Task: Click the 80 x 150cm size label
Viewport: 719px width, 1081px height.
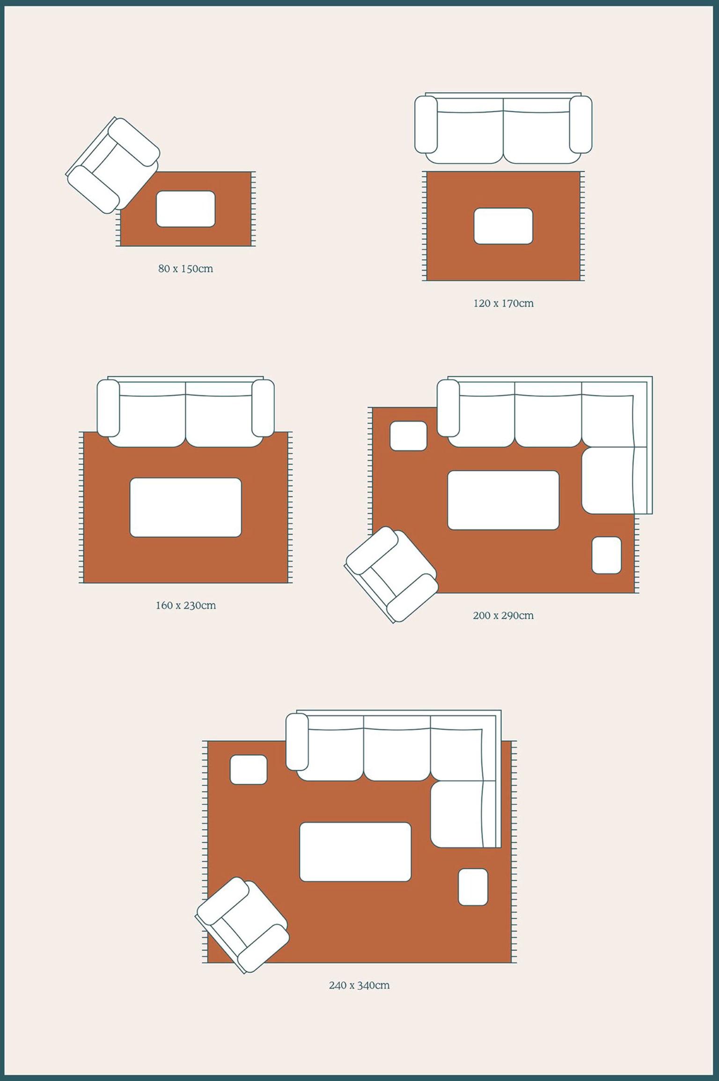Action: pyautogui.click(x=185, y=269)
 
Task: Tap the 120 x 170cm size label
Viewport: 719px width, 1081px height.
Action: pyautogui.click(x=503, y=303)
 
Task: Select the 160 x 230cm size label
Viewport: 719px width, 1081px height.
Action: pyautogui.click(x=186, y=605)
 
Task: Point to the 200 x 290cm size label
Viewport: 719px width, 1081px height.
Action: pyautogui.click(x=503, y=615)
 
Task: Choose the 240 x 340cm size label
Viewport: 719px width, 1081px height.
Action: pyautogui.click(x=359, y=985)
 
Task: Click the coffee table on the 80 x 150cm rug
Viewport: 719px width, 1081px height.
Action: pyautogui.click(x=186, y=209)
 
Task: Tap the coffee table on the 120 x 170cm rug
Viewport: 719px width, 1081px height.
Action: pyautogui.click(x=503, y=226)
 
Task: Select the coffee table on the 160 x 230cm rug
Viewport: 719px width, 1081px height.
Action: pyautogui.click(x=186, y=507)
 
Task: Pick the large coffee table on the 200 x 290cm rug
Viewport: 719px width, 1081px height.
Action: pyautogui.click(x=503, y=500)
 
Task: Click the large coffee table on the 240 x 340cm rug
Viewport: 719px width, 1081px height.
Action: pyautogui.click(x=355, y=852)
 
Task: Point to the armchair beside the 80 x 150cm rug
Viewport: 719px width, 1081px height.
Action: pyautogui.click(x=113, y=165)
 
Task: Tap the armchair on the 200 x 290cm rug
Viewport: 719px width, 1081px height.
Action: pyautogui.click(x=392, y=575)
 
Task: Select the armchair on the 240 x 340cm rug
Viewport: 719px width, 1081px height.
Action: pyautogui.click(x=242, y=925)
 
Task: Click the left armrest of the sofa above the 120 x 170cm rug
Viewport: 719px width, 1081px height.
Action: pyautogui.click(x=426, y=124)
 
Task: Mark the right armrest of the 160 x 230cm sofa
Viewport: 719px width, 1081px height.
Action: pyautogui.click(x=263, y=408)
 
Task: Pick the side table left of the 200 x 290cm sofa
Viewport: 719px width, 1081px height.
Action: pyautogui.click(x=409, y=436)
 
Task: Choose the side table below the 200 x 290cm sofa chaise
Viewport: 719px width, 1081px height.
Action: pyautogui.click(x=607, y=555)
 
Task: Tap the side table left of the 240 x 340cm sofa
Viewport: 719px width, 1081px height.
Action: pyautogui.click(x=249, y=769)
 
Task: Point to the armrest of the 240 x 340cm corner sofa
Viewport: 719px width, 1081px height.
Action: pyautogui.click(x=297, y=742)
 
